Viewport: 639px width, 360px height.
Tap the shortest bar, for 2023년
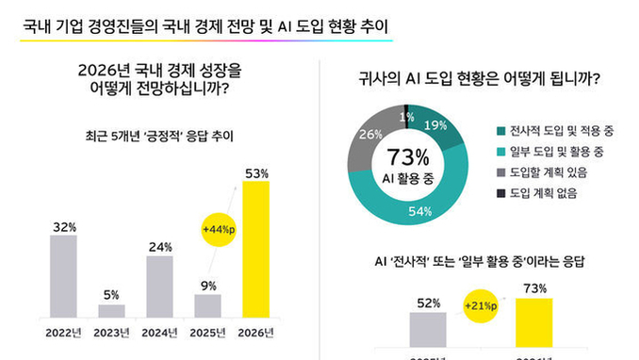coord(111,310)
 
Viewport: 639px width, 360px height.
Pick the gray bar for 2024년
coord(160,286)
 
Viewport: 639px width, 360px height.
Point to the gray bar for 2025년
coord(208,305)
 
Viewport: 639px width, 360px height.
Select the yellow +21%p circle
coord(482,307)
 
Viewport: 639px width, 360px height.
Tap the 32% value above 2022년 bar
coord(63,227)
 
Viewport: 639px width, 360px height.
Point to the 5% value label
coord(111,296)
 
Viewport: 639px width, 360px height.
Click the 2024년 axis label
coord(160,332)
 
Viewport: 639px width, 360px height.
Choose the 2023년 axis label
coord(111,332)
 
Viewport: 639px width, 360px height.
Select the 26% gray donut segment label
coord(370,134)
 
